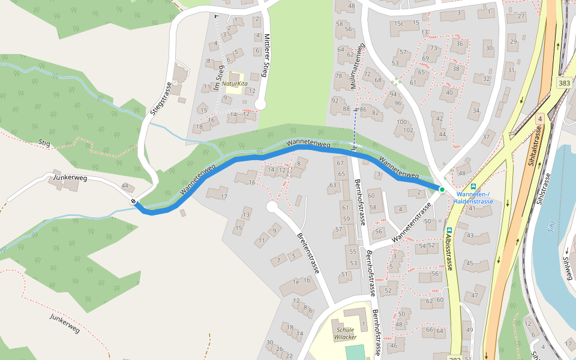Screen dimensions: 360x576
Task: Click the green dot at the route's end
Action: tap(442, 190)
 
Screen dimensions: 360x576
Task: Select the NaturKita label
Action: tap(235, 84)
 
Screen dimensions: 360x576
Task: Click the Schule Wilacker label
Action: tap(346, 333)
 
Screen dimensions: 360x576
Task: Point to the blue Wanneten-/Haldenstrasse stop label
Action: tap(475, 198)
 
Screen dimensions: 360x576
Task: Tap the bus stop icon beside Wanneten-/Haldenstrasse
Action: tap(473, 187)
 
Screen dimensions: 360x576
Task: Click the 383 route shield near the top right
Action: tap(563, 83)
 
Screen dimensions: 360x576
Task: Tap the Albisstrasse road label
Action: tap(449, 251)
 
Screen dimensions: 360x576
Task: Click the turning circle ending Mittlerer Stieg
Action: tap(260, 104)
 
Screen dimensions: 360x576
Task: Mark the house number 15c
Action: tap(399, 23)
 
